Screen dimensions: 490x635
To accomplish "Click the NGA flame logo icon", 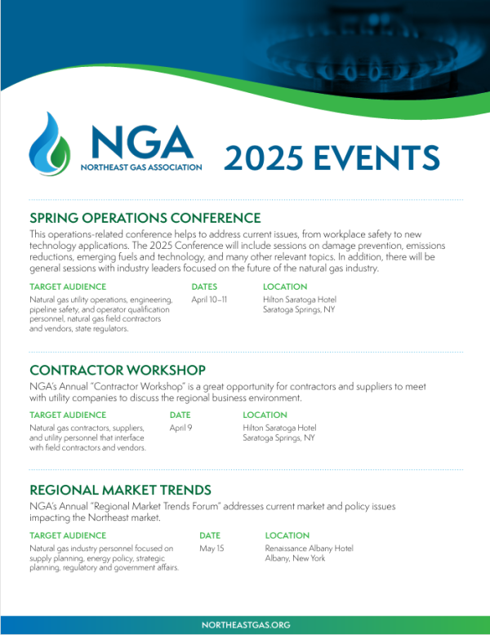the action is pos(50,144).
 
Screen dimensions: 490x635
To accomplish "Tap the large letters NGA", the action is pos(141,142).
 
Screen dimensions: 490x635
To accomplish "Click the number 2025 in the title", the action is pos(264,158).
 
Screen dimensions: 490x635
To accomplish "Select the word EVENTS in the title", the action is pos(376,158).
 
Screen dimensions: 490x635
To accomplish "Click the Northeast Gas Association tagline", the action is pos(141,167).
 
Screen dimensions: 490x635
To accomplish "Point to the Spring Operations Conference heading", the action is pos(145,218).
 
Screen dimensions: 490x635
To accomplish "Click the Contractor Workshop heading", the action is pos(118,371).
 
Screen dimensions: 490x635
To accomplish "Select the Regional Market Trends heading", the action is pos(120,490).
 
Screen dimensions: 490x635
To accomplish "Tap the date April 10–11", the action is pos(209,300).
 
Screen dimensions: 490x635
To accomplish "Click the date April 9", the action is pos(180,428).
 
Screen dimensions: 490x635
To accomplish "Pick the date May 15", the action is pos(212,548).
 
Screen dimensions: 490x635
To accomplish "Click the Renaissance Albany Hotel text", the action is pos(310,548).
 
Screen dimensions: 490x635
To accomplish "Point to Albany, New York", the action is pos(295,558).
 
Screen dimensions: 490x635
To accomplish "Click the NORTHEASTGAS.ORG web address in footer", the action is pos(246,625).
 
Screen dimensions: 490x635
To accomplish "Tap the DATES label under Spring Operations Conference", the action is pos(204,286).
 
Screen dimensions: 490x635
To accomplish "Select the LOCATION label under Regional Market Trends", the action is pos(287,535).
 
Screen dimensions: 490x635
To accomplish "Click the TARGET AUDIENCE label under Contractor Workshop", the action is pos(68,415).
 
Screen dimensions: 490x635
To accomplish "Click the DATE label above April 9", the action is pos(180,415).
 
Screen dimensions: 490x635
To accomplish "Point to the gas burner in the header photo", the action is pos(365,60).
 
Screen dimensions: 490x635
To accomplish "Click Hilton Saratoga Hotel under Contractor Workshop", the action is pos(279,428).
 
